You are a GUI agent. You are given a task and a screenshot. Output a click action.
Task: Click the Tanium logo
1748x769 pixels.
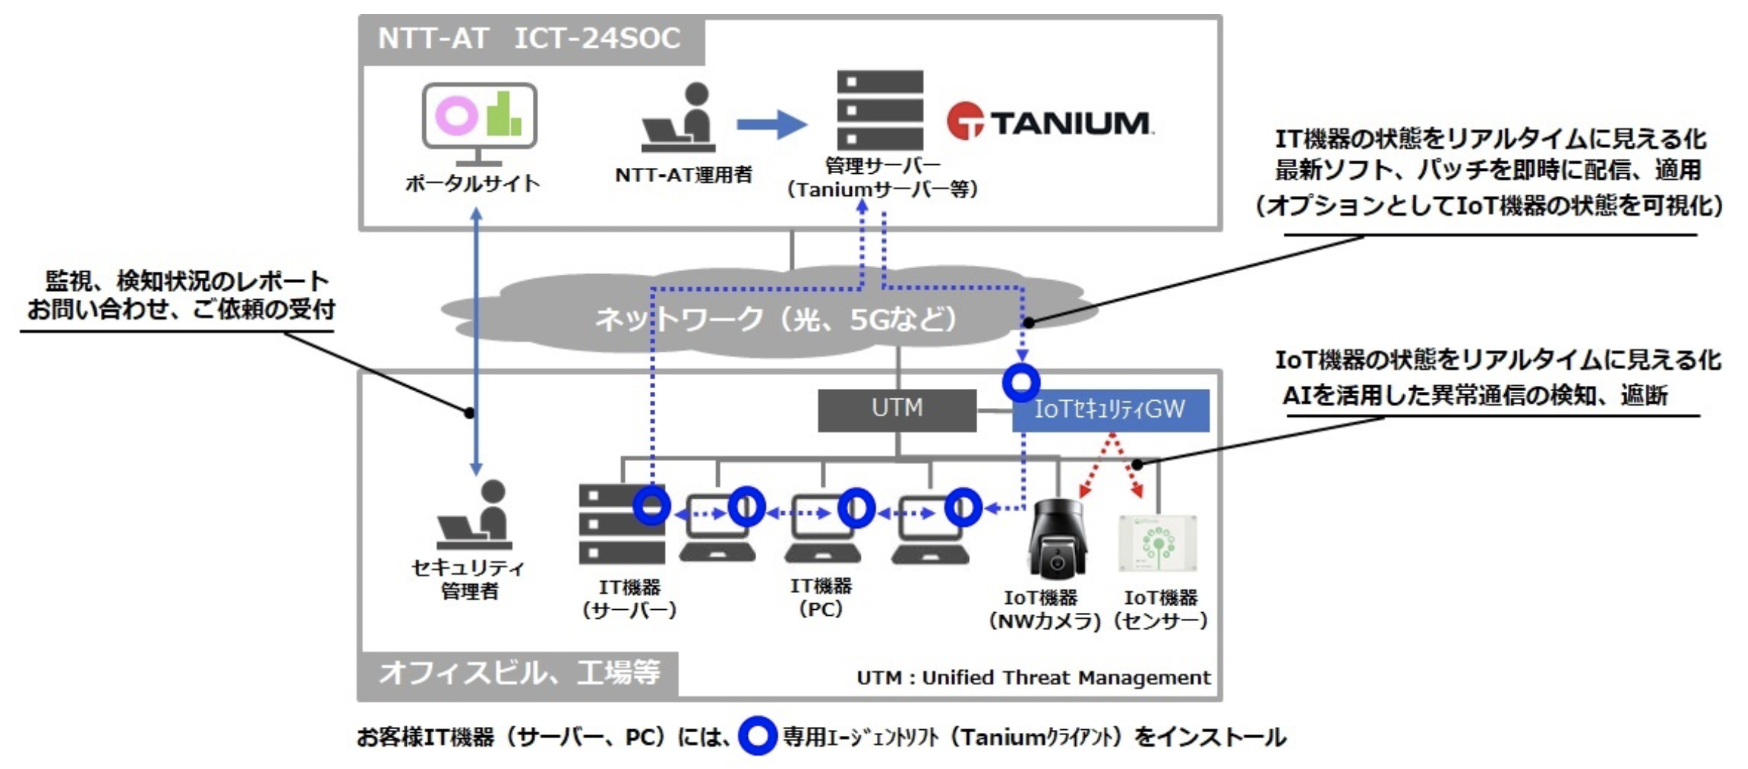[1049, 122]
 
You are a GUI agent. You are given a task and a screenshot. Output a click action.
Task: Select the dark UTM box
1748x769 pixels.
[897, 410]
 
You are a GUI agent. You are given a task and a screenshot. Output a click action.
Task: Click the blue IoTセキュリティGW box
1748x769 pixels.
[1111, 410]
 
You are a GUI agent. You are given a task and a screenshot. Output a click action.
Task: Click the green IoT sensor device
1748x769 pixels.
[1158, 544]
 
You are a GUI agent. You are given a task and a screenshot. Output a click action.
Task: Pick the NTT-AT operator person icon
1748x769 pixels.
[678, 118]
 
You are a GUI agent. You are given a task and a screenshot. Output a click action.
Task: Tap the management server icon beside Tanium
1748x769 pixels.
[880, 110]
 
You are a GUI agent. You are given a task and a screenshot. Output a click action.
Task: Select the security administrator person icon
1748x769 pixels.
[475, 515]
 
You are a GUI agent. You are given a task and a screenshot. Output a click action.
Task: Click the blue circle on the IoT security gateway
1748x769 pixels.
[1021, 382]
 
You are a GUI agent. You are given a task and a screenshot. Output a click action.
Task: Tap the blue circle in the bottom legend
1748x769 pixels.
[758, 735]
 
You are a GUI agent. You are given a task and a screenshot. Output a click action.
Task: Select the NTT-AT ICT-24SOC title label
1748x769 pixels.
[529, 38]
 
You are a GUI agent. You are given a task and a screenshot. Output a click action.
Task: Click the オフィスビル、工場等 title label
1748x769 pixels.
[519, 672]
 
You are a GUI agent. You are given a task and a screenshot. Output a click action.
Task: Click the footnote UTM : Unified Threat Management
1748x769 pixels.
[1033, 677]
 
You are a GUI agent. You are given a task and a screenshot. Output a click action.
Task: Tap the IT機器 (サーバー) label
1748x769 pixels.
[629, 598]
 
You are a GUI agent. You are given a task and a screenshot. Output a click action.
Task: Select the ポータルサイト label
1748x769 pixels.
[473, 183]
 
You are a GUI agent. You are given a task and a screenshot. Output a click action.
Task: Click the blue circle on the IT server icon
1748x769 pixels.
[651, 506]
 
